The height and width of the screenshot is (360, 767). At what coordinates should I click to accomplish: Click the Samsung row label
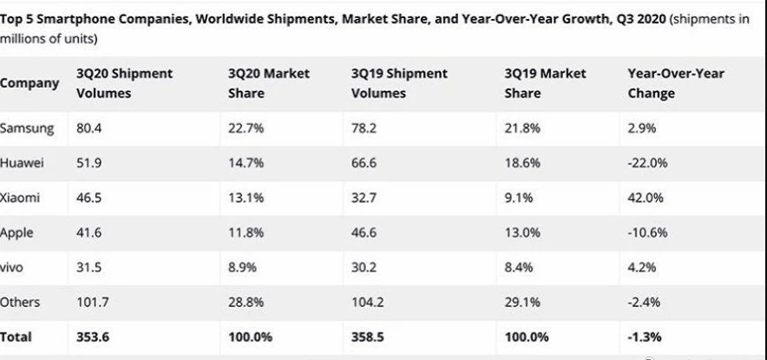27,128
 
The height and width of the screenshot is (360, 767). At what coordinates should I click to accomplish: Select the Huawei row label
23,162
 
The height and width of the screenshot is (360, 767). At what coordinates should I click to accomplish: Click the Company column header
29,83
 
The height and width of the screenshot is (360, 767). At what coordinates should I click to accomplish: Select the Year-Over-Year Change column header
676,83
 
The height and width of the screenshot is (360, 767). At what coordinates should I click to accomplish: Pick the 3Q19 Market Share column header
545,83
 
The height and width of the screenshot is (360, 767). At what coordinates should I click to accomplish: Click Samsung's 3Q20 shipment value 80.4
89,128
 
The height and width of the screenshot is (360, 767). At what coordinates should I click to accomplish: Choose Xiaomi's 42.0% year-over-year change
645,198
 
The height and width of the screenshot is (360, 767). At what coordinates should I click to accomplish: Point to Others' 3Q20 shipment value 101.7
93,302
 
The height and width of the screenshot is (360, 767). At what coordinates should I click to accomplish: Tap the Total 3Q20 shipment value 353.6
94,337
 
